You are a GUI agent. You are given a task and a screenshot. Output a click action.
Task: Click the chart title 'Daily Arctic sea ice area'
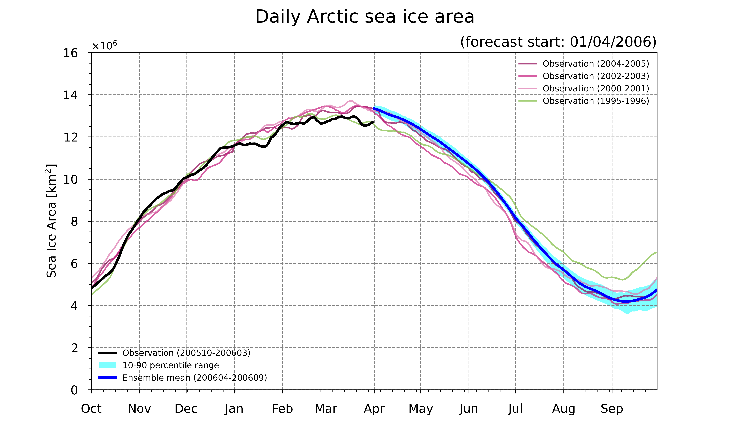[x=365, y=17]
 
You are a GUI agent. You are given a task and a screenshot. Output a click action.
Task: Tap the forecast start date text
[x=558, y=42]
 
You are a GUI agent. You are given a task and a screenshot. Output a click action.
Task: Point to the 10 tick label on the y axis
[x=71, y=179]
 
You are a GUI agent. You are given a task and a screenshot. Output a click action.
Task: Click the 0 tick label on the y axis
[x=74, y=390]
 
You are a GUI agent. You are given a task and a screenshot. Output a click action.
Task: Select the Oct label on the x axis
[x=91, y=409]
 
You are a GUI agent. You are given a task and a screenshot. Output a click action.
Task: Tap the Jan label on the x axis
[x=234, y=409]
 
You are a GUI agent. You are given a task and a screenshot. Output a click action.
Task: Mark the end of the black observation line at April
[x=374, y=122]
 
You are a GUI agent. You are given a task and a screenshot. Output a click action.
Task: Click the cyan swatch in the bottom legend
[x=107, y=365]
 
